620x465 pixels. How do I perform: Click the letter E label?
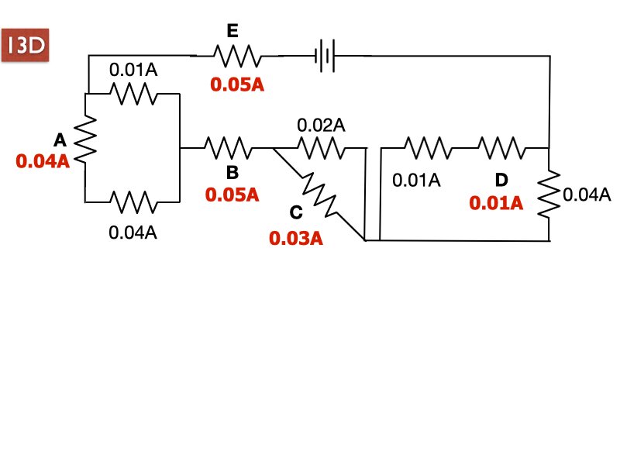[x=232, y=31]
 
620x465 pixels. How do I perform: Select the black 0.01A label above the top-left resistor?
[x=133, y=70]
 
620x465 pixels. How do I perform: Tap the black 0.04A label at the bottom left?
[x=133, y=231]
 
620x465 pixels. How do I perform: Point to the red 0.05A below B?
[x=232, y=195]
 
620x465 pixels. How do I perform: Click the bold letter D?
[x=501, y=180]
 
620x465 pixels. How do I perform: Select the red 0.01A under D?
[x=496, y=203]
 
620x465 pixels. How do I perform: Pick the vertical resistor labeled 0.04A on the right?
[x=549, y=195]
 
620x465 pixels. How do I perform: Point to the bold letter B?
[x=231, y=170]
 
